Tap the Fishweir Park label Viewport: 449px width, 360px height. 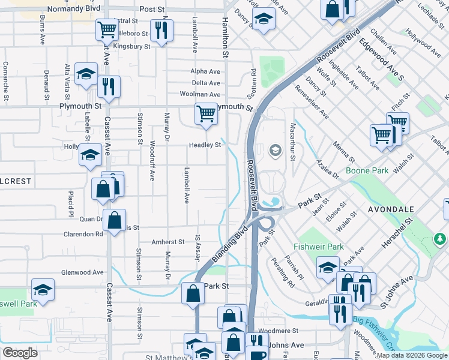click(x=318, y=247)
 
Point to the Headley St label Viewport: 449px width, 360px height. click(x=205, y=145)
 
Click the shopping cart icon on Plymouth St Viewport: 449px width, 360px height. click(x=206, y=113)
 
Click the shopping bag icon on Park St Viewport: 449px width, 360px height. click(x=193, y=294)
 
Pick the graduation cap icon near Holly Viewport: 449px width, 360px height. click(x=90, y=155)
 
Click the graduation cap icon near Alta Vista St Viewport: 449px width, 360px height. click(x=86, y=74)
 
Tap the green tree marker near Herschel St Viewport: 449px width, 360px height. click(x=440, y=240)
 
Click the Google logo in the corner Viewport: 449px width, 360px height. click(x=20, y=353)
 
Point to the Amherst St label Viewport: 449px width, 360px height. click(x=167, y=242)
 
